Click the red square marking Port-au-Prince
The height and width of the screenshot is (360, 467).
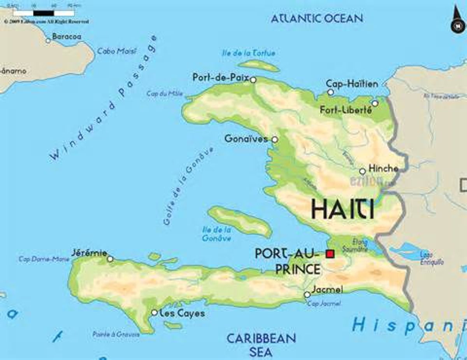[330, 254]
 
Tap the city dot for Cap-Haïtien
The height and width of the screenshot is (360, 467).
[330, 92]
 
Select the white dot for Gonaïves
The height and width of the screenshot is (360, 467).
[275, 139]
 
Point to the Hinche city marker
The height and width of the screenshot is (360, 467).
[362, 171]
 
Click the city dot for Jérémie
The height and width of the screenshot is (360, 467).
[110, 259]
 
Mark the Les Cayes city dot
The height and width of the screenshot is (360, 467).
[154, 313]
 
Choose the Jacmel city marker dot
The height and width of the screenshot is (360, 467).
[307, 295]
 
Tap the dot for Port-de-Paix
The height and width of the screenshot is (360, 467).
[253, 80]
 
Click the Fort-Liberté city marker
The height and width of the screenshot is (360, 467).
[375, 104]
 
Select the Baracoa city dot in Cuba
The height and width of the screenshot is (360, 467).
[48, 40]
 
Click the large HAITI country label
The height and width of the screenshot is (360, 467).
[342, 209]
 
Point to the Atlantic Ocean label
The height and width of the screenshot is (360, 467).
[317, 18]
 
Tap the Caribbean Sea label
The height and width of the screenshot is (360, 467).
[261, 345]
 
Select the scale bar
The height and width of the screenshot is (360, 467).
[44, 13]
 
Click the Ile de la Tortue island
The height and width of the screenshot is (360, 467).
[258, 65]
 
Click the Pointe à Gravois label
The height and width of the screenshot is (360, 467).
[116, 334]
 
